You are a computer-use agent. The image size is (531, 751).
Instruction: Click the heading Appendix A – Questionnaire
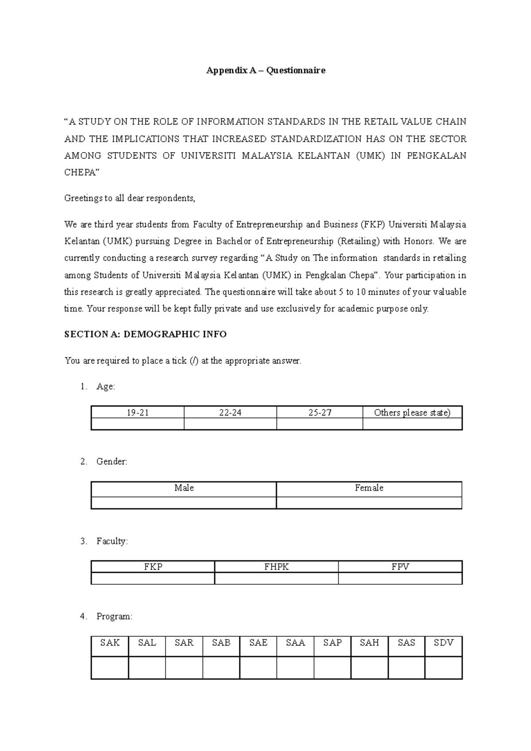265,70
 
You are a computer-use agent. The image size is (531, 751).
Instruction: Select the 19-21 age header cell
137,412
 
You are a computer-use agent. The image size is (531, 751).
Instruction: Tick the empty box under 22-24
230,424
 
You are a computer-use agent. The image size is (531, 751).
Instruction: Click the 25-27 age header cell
319,412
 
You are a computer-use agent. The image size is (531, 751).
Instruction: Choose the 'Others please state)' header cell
412,412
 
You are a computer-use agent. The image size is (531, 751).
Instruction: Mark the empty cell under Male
184,503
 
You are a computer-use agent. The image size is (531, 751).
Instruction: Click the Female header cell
369,488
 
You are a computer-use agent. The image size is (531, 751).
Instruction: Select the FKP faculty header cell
153,567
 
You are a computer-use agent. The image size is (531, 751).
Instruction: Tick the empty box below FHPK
277,579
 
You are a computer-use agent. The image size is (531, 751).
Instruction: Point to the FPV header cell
400,567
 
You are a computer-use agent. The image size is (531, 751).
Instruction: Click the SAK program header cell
110,643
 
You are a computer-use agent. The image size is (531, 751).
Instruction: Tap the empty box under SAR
184,667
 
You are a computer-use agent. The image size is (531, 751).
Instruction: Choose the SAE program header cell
258,643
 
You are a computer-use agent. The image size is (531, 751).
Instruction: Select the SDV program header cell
443,643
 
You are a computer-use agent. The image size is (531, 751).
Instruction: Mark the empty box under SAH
369,667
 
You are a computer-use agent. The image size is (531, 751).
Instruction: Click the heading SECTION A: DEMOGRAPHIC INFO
146,334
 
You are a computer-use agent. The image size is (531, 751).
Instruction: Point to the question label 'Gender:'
112,462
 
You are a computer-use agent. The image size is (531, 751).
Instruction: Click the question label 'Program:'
114,616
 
